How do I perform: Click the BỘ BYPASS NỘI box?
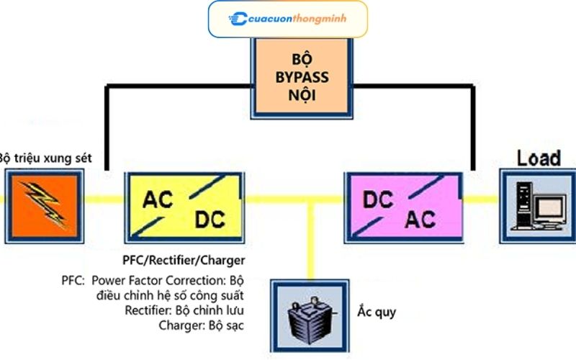tap(302, 78)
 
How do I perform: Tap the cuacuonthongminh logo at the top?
tap(287, 19)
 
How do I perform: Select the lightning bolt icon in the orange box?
tap(45, 204)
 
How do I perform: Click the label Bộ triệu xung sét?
tap(45, 158)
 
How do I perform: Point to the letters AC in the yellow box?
tap(158, 199)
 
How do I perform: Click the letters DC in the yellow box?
tap(210, 220)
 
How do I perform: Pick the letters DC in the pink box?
tap(378, 199)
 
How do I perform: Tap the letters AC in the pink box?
tap(420, 220)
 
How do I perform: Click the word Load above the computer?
tap(539, 158)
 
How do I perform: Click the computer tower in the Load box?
tap(523, 206)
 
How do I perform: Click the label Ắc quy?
tap(377, 312)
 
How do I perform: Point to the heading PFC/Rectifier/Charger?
tap(184, 261)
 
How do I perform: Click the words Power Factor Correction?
tap(158, 281)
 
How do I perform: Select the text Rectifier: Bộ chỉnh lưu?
tap(184, 310)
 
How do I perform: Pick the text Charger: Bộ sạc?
tap(202, 325)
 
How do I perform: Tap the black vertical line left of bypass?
tap(107, 128)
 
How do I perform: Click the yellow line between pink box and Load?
tap(481, 199)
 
